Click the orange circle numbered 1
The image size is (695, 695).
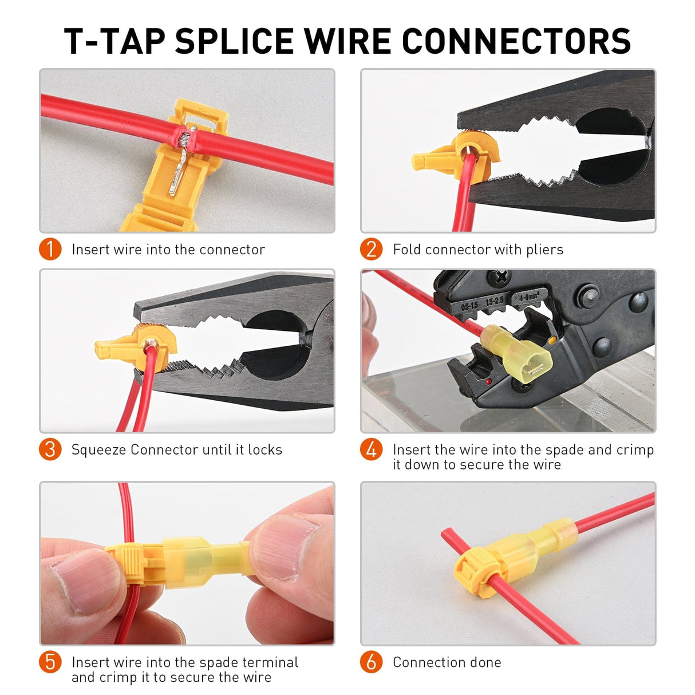click(x=50, y=249)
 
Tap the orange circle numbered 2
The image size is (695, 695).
click(x=371, y=249)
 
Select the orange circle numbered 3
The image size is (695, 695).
click(x=50, y=449)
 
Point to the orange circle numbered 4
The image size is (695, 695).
click(x=371, y=449)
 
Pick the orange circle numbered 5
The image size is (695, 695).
click(x=50, y=662)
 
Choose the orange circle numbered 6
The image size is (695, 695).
click(x=371, y=662)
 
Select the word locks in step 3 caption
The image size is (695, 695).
click(x=264, y=449)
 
